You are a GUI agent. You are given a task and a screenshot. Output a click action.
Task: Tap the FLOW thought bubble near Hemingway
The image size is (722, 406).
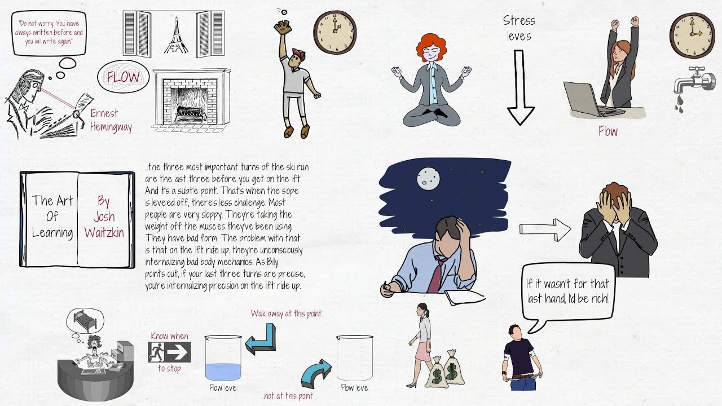click(123, 77)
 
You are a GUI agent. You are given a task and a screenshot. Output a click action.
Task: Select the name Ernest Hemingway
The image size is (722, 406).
click(111, 120)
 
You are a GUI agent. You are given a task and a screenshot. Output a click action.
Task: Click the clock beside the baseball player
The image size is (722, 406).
click(335, 33)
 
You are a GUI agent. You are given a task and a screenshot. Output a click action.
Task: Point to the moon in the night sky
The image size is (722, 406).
click(427, 179)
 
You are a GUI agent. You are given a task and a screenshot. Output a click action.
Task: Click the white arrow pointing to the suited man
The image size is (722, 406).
click(545, 230)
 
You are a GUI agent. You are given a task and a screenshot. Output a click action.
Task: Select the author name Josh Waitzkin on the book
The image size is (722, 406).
click(104, 217)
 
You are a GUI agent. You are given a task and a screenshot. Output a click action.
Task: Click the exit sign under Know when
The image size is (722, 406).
click(169, 352)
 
